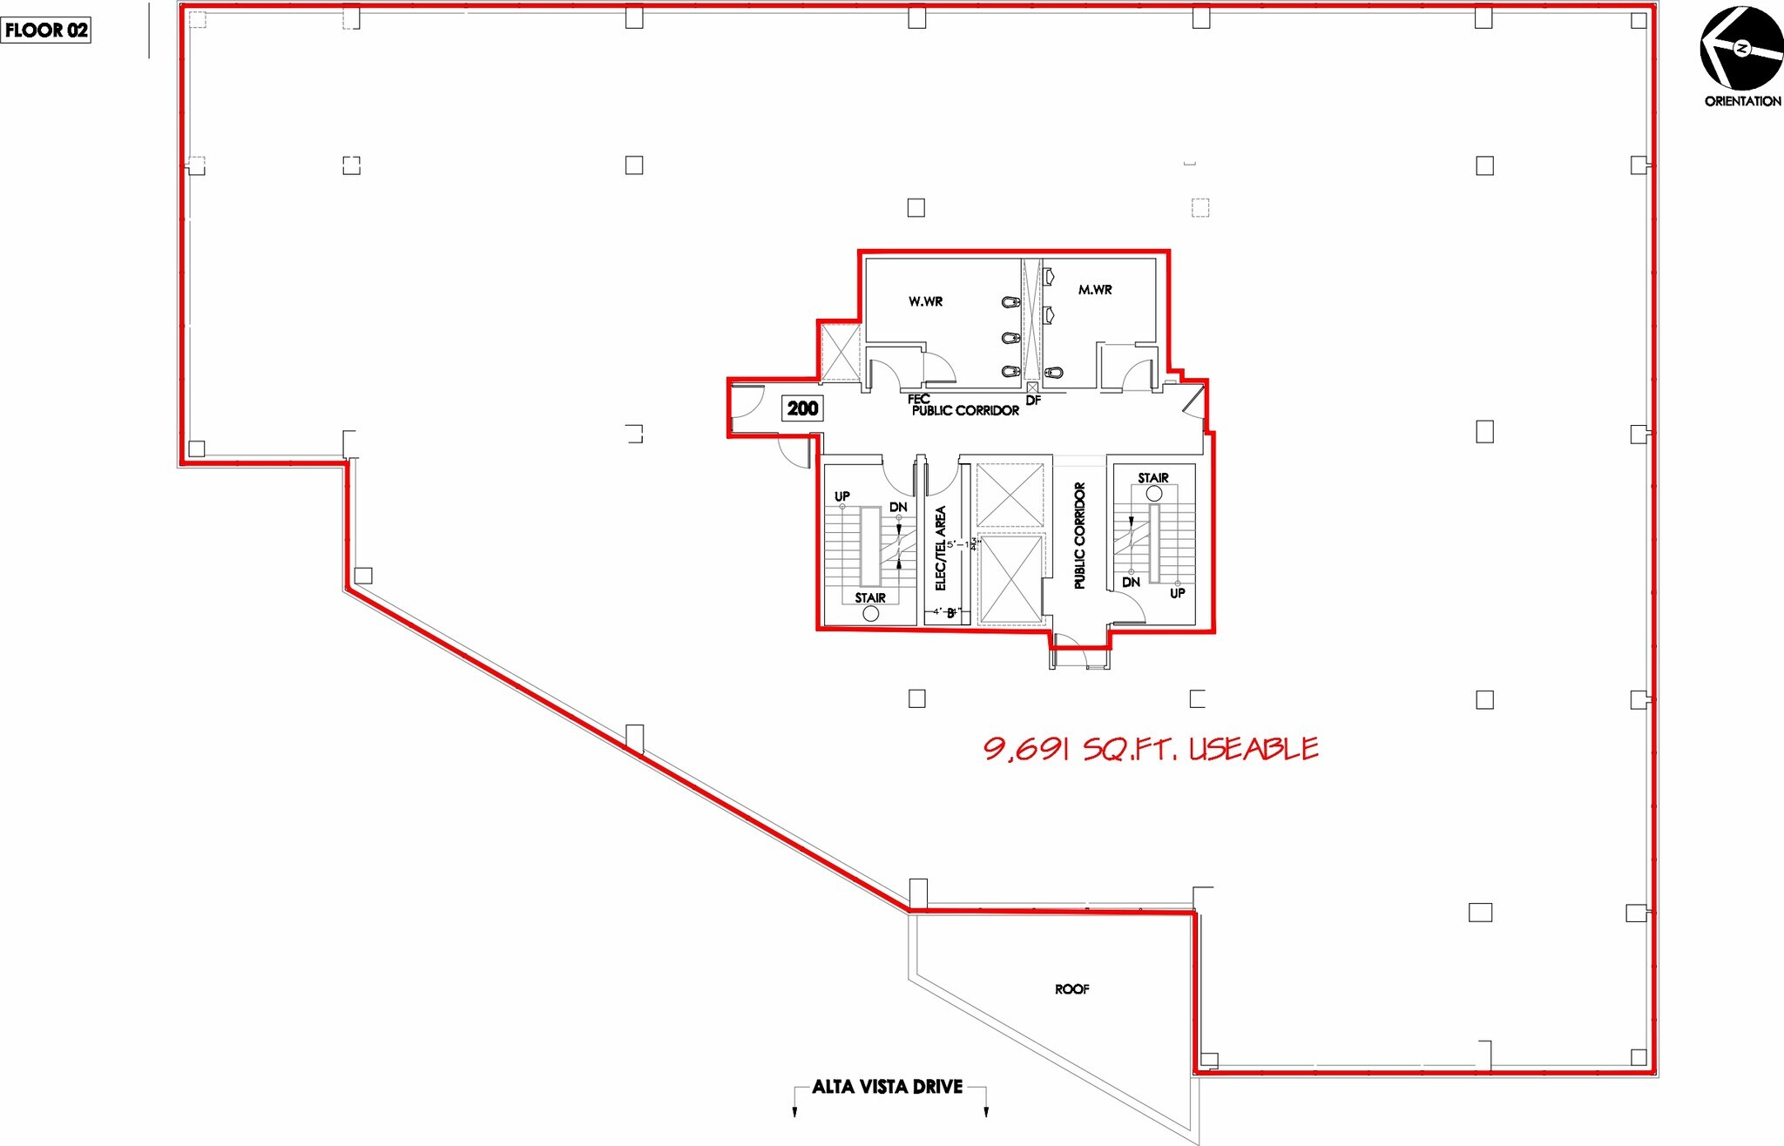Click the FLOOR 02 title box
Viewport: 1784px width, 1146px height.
[46, 30]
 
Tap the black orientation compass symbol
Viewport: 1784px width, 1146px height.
[1741, 49]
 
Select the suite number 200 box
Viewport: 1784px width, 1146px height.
[802, 408]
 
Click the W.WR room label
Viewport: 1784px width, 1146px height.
[925, 301]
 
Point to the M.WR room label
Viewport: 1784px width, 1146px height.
[1095, 290]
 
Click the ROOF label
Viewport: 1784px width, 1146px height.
[1071, 989]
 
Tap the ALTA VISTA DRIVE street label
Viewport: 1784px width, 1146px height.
[887, 1087]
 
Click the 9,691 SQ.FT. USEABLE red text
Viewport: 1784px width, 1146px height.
[1150, 749]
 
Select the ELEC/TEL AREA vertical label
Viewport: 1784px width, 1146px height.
[941, 548]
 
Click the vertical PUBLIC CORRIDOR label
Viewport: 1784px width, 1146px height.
[1080, 536]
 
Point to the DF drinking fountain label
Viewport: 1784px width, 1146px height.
[1033, 401]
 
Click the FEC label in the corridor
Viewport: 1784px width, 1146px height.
[918, 399]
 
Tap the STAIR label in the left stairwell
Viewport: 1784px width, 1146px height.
[870, 597]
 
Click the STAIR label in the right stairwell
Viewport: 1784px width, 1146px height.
[1153, 478]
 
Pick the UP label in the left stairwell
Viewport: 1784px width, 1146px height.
[842, 496]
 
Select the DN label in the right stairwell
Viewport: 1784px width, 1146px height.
[1131, 582]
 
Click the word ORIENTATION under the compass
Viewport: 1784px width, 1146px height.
[1742, 101]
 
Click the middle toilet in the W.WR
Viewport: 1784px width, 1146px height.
[1010, 337]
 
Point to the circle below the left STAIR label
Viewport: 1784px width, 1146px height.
[870, 613]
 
